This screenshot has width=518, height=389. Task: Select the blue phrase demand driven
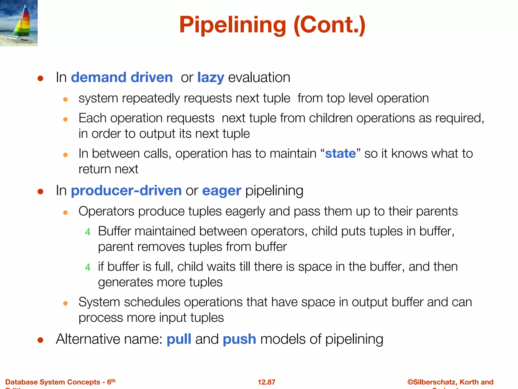(x=122, y=77)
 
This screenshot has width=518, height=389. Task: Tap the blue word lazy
(x=210, y=77)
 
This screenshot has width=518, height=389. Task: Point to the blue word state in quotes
(x=340, y=153)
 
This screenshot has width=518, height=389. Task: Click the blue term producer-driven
(x=126, y=190)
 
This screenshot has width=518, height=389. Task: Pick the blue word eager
(x=222, y=190)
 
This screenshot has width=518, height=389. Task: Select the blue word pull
(x=179, y=339)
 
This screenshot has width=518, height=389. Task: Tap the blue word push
(x=239, y=339)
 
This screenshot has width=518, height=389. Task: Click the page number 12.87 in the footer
(x=266, y=382)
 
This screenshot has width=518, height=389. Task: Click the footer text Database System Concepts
(x=53, y=382)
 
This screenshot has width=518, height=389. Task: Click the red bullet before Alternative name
(x=40, y=340)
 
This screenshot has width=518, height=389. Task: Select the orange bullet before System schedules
(x=66, y=303)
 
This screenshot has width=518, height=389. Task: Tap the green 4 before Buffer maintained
(x=88, y=232)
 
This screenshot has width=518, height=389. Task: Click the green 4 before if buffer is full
(x=88, y=267)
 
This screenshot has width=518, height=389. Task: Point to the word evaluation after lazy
(x=259, y=77)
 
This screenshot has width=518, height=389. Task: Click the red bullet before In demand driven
(x=40, y=78)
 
